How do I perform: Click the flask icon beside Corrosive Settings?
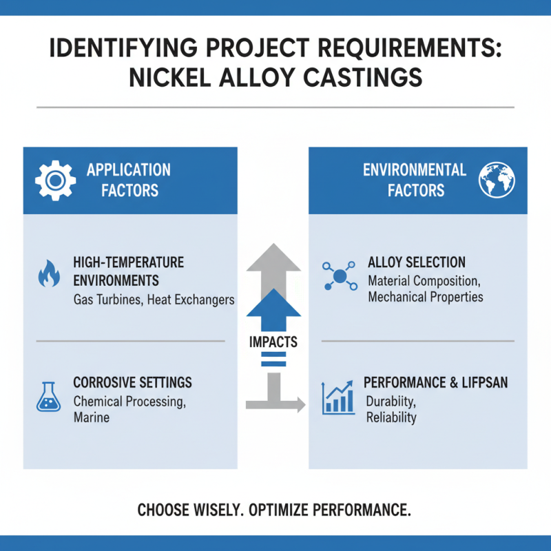coord(47,398)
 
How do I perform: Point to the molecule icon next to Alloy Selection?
coord(339,276)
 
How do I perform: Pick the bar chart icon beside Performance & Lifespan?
coord(338,399)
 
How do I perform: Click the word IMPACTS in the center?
coord(274,342)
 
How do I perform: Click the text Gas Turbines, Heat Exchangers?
coord(154,300)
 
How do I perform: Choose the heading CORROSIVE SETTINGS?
coord(132,382)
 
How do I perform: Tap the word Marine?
coord(92,418)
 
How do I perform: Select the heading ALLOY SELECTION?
coord(417,262)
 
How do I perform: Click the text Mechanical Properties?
coord(426,297)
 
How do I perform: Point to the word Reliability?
coord(391,418)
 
